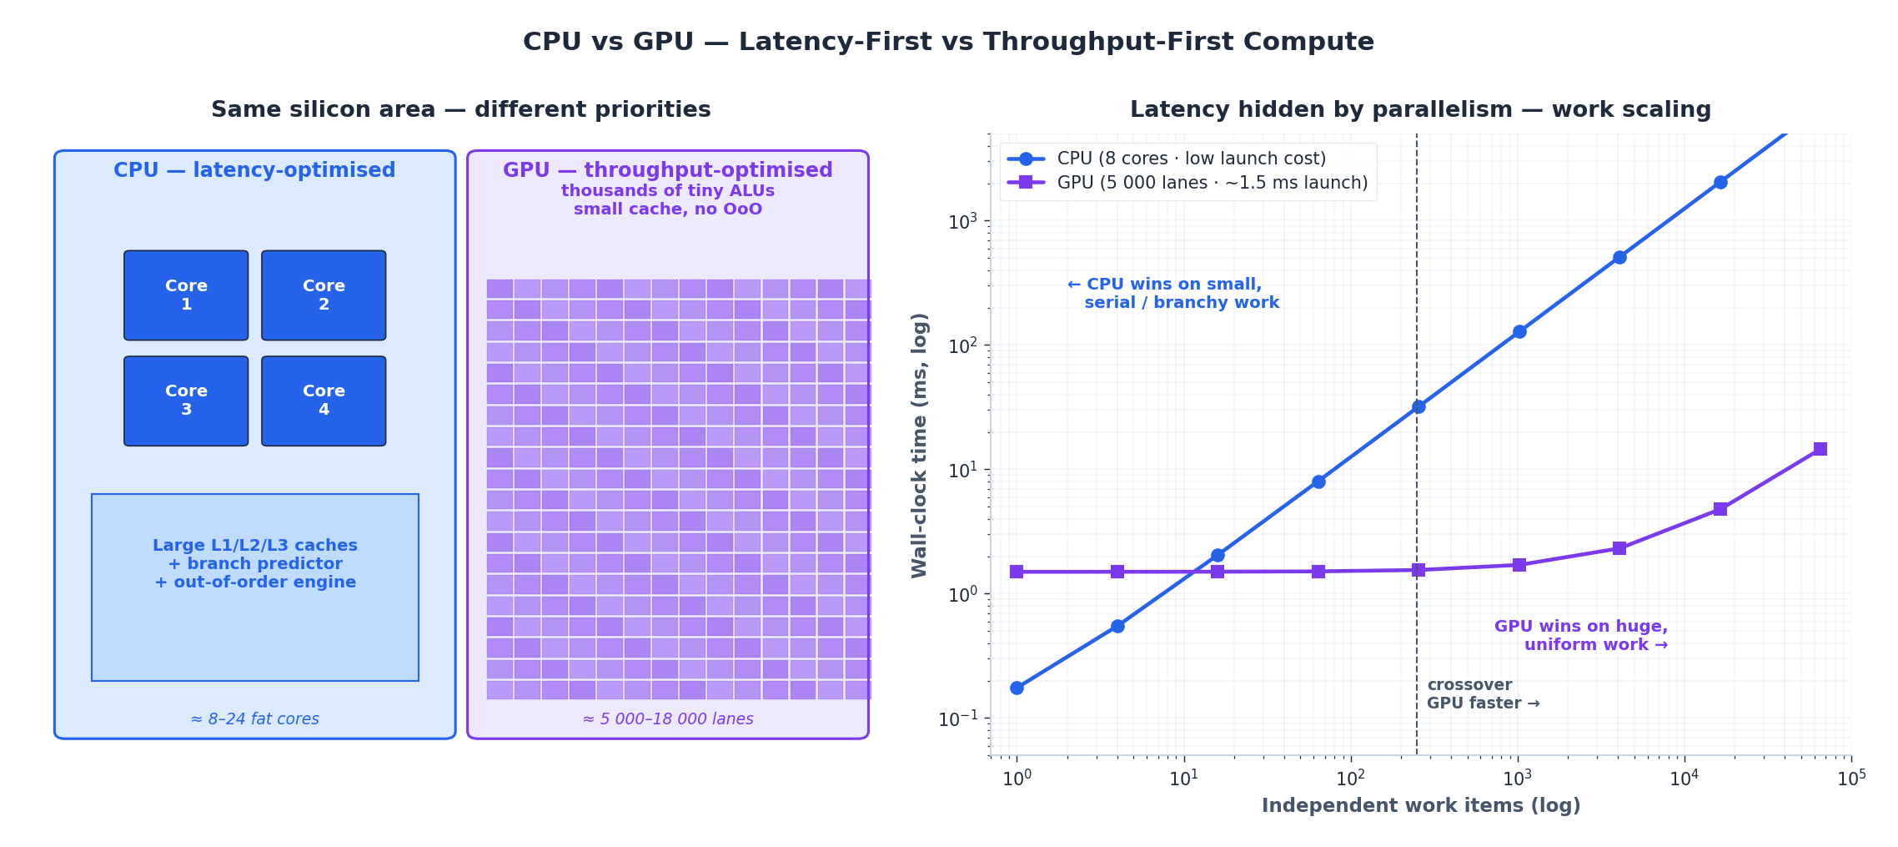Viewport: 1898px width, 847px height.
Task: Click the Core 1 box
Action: click(186, 295)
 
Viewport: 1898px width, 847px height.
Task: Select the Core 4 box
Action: click(324, 401)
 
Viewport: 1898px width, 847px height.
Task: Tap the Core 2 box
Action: click(324, 295)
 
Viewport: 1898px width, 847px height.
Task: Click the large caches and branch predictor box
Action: click(255, 587)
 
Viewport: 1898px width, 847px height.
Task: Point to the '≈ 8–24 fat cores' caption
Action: click(254, 718)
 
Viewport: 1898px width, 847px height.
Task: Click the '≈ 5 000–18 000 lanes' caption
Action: click(667, 718)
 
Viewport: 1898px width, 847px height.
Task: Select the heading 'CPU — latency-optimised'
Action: click(254, 170)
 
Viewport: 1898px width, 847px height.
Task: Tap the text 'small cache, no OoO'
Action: click(667, 209)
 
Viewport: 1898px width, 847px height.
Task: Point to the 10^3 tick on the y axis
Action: click(962, 222)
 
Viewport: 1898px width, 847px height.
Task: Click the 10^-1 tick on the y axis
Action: click(958, 719)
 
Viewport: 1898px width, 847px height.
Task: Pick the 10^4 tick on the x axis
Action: click(1684, 779)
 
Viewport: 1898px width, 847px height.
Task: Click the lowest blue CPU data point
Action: click(1017, 688)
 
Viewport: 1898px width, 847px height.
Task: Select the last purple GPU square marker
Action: click(1820, 449)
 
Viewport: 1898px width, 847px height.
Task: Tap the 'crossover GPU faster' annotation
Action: click(1482, 694)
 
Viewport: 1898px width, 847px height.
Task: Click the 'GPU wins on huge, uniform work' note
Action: click(1580, 635)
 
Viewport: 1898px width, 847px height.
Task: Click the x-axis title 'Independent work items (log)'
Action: click(1420, 805)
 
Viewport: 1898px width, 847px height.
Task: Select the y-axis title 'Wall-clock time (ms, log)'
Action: click(919, 445)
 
